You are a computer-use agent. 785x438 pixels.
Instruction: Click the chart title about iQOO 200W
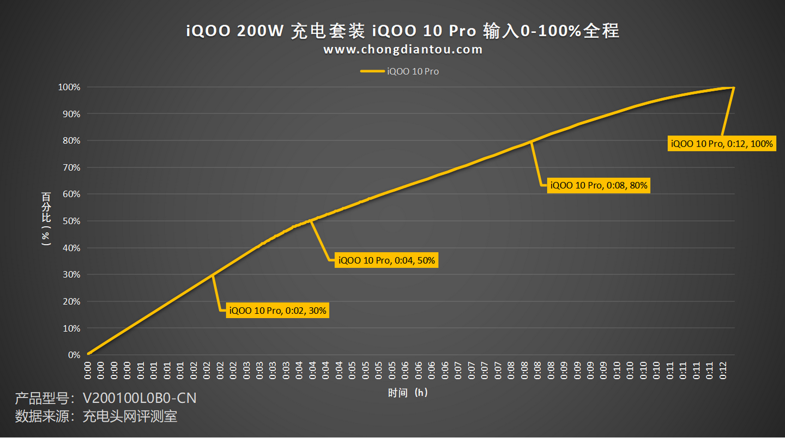click(402, 31)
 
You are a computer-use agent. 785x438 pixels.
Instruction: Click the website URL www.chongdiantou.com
click(402, 50)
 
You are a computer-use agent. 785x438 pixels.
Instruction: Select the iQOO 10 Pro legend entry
click(400, 71)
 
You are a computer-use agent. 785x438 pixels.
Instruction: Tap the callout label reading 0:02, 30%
click(277, 311)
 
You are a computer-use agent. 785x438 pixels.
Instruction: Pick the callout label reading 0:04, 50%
click(387, 260)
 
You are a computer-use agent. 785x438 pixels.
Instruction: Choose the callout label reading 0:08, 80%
click(599, 185)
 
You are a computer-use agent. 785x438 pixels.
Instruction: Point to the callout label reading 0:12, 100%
click(722, 144)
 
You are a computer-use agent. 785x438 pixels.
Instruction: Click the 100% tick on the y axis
click(70, 87)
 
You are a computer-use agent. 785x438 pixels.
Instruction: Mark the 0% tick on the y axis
click(74, 355)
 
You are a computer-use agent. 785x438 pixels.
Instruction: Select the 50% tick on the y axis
click(71, 221)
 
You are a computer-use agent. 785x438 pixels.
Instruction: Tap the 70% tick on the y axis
click(71, 168)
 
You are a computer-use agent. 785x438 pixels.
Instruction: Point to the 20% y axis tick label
click(71, 301)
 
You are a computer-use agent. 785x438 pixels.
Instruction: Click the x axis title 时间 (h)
click(408, 393)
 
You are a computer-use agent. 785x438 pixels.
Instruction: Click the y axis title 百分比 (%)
click(46, 218)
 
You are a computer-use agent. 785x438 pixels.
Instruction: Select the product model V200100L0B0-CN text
click(106, 398)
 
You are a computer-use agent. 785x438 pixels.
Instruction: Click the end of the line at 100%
click(733, 87)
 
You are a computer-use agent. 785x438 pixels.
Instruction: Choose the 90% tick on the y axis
click(71, 114)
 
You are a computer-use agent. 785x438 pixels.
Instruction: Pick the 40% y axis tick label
click(71, 248)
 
